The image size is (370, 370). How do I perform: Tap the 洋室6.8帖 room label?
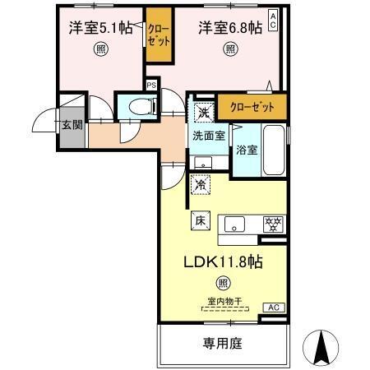click(x=230, y=27)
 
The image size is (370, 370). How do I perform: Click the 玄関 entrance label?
click(x=71, y=126)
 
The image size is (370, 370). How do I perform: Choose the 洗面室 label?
click(x=210, y=136)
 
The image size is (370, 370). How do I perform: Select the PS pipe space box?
click(x=150, y=84)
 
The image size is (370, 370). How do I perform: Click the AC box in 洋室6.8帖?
click(x=273, y=17)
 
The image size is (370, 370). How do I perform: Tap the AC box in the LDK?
click(x=273, y=307)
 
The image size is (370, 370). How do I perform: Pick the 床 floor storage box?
click(x=201, y=220)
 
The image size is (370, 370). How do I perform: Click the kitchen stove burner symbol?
click(x=272, y=224)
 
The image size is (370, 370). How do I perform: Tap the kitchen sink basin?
click(x=236, y=224)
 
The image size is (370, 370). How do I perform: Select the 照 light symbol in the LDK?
click(x=222, y=285)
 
